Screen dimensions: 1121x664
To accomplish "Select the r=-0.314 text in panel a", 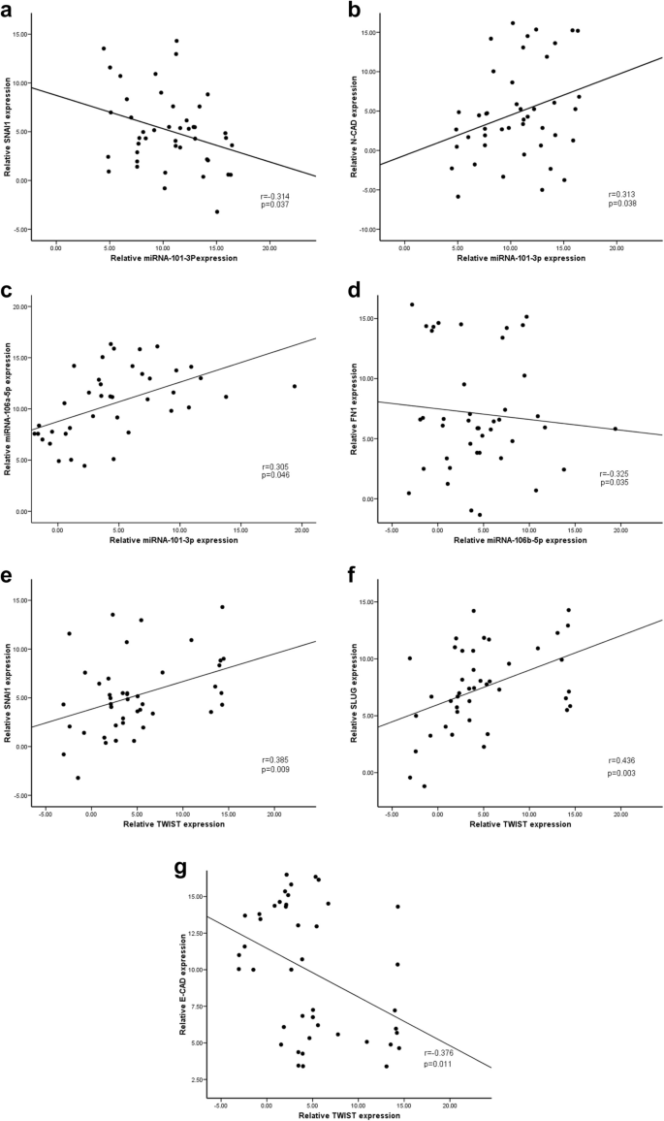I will coord(275,197).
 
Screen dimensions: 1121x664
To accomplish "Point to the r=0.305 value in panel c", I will coord(274,466).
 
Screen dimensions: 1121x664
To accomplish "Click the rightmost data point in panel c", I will coord(295,386).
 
